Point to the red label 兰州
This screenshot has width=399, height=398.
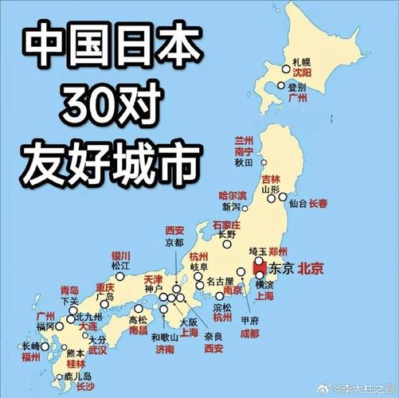(x=243, y=139)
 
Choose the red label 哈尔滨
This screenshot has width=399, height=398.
(x=233, y=195)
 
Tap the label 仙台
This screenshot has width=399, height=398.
(x=298, y=204)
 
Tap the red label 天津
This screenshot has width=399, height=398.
(x=153, y=280)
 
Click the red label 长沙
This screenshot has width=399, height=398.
(x=85, y=387)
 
